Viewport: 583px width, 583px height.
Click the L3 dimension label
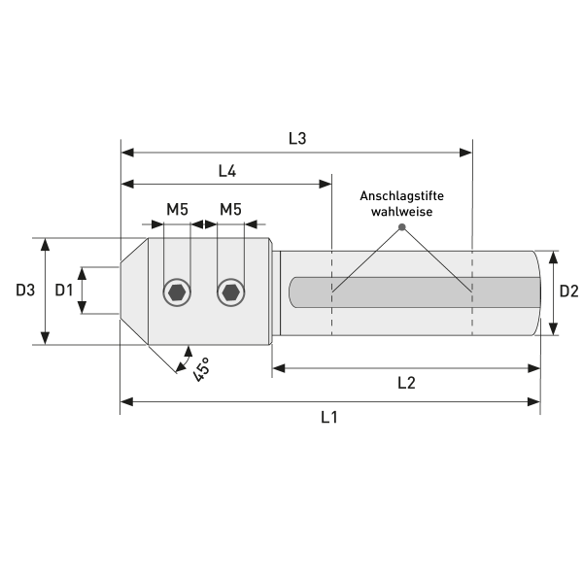point(297,138)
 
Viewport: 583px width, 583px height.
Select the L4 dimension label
point(227,171)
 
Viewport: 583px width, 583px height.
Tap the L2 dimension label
point(406,383)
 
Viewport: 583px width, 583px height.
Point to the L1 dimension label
point(329,417)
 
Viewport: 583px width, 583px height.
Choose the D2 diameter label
point(569,291)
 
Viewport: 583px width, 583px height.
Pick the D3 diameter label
point(25,291)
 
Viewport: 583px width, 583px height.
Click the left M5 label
point(177,209)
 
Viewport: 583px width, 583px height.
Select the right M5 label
point(230,209)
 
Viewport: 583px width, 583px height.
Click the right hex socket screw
point(230,291)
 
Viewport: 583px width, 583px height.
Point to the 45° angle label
point(201,368)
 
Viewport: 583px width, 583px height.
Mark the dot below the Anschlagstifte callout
point(401,228)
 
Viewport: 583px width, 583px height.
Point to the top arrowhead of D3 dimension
point(45,243)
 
